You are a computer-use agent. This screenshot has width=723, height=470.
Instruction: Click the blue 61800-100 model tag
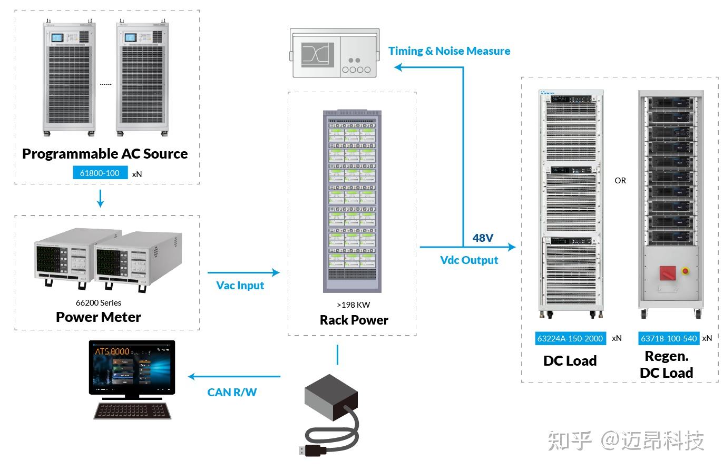click(100, 173)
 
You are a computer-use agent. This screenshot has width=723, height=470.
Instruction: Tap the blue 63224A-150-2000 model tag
click(570, 338)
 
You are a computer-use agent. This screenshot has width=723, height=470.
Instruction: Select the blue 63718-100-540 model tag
click(669, 338)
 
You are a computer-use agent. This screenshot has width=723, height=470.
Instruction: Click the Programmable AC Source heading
click(105, 154)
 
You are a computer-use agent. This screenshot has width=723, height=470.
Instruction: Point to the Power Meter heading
click(99, 317)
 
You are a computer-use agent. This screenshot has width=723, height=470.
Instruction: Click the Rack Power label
click(354, 320)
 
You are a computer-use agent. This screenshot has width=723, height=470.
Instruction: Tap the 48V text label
click(483, 238)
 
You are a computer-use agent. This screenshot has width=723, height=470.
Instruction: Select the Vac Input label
click(240, 286)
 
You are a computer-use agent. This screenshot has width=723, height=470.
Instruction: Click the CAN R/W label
click(232, 392)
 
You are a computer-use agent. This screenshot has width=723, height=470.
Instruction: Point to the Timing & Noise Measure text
click(449, 51)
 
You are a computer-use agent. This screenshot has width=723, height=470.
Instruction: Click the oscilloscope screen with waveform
click(318, 54)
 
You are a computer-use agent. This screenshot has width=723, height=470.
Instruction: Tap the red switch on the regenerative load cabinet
click(668, 273)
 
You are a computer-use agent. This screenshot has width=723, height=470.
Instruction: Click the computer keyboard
click(132, 410)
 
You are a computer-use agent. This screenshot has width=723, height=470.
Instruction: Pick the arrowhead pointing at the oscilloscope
click(399, 67)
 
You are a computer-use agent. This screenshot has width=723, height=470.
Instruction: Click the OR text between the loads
click(620, 181)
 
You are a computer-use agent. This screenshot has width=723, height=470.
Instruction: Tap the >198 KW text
click(354, 305)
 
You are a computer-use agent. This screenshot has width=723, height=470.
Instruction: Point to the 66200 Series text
click(99, 303)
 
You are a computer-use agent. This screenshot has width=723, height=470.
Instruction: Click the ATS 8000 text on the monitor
click(112, 351)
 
